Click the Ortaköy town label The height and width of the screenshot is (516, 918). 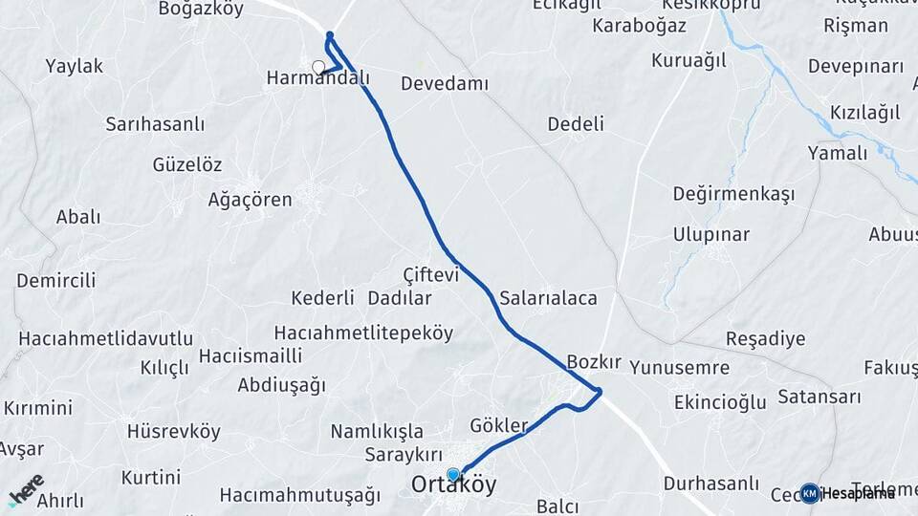point(454,485)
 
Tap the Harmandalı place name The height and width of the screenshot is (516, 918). point(317,78)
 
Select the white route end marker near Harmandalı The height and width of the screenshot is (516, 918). point(318,67)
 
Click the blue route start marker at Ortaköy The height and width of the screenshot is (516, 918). point(453,474)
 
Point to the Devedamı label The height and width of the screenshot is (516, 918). point(444,84)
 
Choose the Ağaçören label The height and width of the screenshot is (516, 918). point(250,201)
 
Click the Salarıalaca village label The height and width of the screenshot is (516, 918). point(548,298)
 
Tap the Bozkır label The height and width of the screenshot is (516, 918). point(594,362)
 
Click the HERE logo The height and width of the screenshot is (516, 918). point(26,490)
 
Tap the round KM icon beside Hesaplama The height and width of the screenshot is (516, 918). point(810,493)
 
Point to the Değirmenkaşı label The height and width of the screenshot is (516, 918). point(733,195)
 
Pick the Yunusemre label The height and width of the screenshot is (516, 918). point(680,368)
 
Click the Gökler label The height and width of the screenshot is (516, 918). point(499,425)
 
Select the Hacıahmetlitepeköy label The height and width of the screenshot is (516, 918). point(363,333)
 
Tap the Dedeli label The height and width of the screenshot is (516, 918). point(576,124)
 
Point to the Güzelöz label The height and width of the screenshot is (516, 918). point(187,164)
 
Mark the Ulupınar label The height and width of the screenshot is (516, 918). point(710,235)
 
